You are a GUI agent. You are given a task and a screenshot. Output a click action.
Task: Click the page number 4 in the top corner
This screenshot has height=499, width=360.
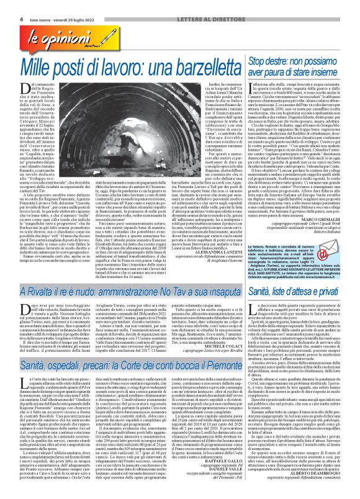(5, 5)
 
